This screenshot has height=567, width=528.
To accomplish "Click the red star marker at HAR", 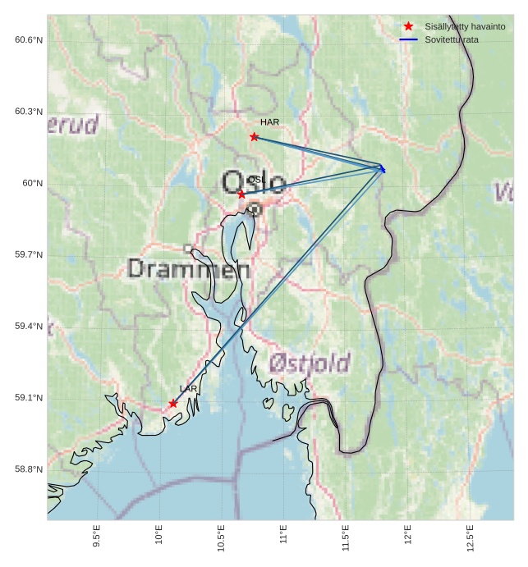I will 254,137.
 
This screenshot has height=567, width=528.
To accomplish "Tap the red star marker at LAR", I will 172,404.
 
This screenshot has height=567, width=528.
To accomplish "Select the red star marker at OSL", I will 241,194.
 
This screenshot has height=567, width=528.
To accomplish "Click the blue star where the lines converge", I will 382,169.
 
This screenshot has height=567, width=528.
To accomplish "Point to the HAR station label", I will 269,122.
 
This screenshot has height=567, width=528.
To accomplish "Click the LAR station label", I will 189,389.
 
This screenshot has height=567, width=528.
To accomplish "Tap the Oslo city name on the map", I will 253,182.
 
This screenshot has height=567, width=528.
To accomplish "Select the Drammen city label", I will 189,268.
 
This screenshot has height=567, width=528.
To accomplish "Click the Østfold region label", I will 310,363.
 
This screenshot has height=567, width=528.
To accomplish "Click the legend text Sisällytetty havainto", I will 465,27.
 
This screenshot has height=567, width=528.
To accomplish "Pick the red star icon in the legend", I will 408,27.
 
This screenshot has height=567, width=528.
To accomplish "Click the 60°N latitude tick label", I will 32,184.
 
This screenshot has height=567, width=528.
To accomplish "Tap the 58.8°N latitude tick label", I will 28,469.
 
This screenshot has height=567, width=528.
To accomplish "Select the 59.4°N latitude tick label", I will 28,327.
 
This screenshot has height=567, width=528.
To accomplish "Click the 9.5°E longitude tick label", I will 97,537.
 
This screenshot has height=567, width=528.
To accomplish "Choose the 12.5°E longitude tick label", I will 470,538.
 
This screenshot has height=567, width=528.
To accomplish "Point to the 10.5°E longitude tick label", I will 221,538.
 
